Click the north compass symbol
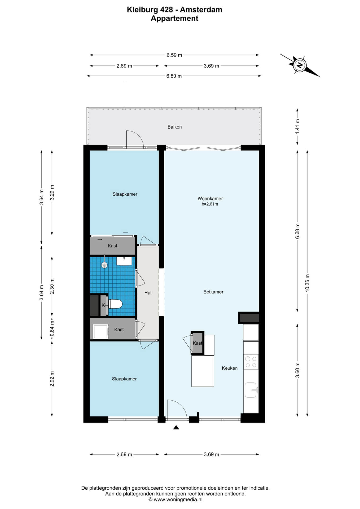[300, 65]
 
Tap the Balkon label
[174, 127]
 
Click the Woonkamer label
[210, 199]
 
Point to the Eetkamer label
[213, 292]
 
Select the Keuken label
[230, 368]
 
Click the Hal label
[148, 293]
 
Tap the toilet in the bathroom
[115, 304]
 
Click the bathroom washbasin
[124, 261]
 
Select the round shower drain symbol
[104, 265]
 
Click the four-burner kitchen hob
[251, 362]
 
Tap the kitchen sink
[251, 390]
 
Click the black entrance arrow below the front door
[176, 427]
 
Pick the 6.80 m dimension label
[174, 76]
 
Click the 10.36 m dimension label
[307, 283]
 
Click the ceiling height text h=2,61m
[210, 204]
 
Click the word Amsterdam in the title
[201, 10]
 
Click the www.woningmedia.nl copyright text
[175, 500]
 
